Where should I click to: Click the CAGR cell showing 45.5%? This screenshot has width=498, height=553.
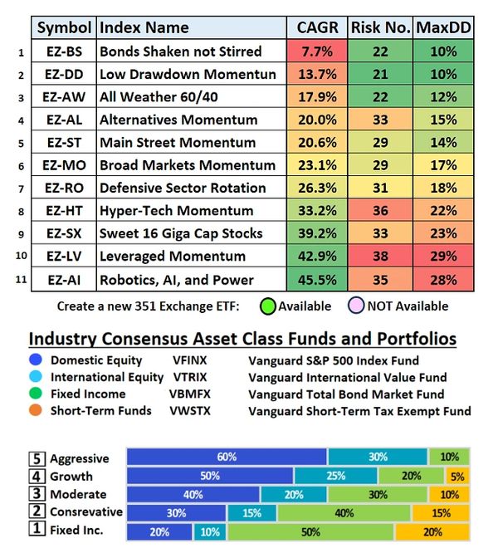(315, 279)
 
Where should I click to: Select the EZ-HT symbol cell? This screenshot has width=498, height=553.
(64, 211)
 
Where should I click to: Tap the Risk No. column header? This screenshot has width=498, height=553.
(380, 27)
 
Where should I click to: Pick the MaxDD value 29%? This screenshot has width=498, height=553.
(443, 257)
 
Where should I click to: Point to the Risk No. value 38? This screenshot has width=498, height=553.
(380, 257)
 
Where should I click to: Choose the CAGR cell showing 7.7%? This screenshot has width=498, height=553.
(315, 51)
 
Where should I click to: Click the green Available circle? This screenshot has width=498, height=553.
(266, 306)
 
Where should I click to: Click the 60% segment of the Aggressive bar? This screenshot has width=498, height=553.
(227, 457)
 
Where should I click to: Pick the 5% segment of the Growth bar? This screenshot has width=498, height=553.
(457, 476)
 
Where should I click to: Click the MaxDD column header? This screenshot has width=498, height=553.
(443, 27)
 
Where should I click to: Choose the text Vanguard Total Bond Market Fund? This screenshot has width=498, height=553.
(346, 394)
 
